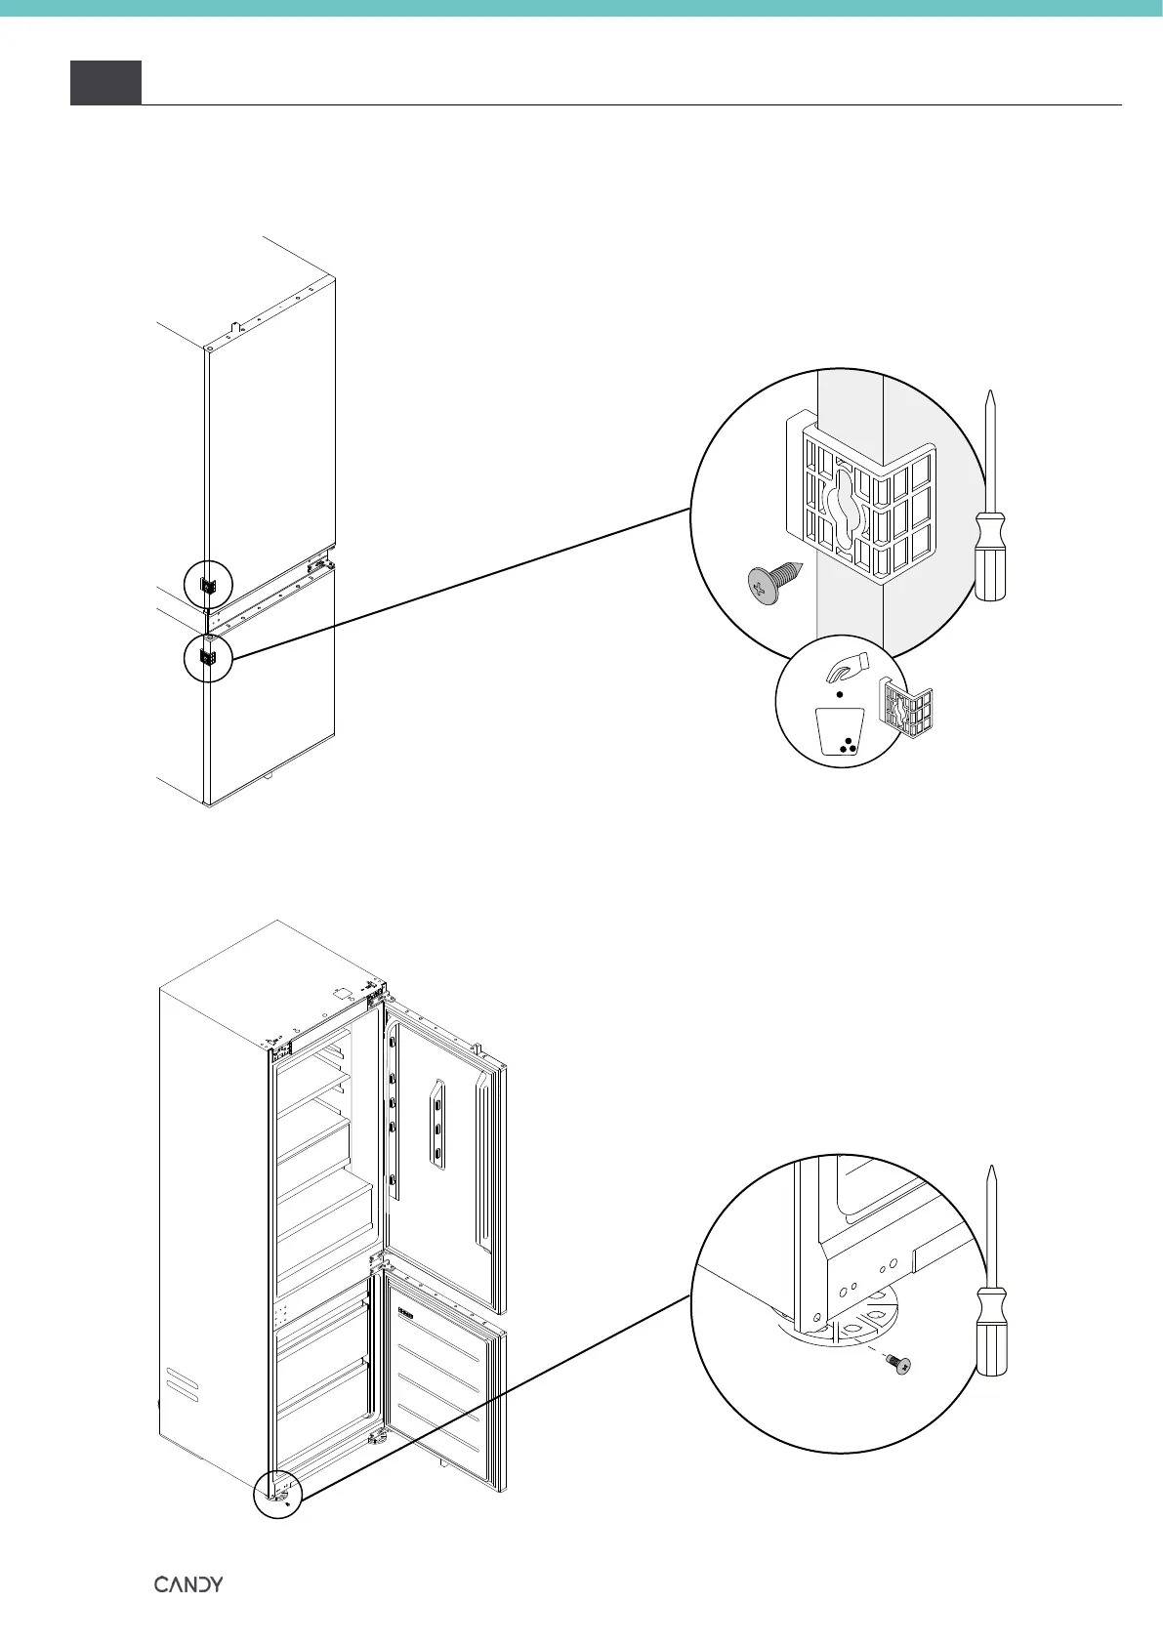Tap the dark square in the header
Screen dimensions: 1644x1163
click(x=105, y=82)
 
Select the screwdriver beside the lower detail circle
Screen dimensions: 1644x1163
click(x=992, y=1273)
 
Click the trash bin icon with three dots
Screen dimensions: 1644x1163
click(x=841, y=732)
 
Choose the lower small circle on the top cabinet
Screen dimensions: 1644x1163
click(x=208, y=657)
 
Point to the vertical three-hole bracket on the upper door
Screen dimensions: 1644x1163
click(x=436, y=1124)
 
